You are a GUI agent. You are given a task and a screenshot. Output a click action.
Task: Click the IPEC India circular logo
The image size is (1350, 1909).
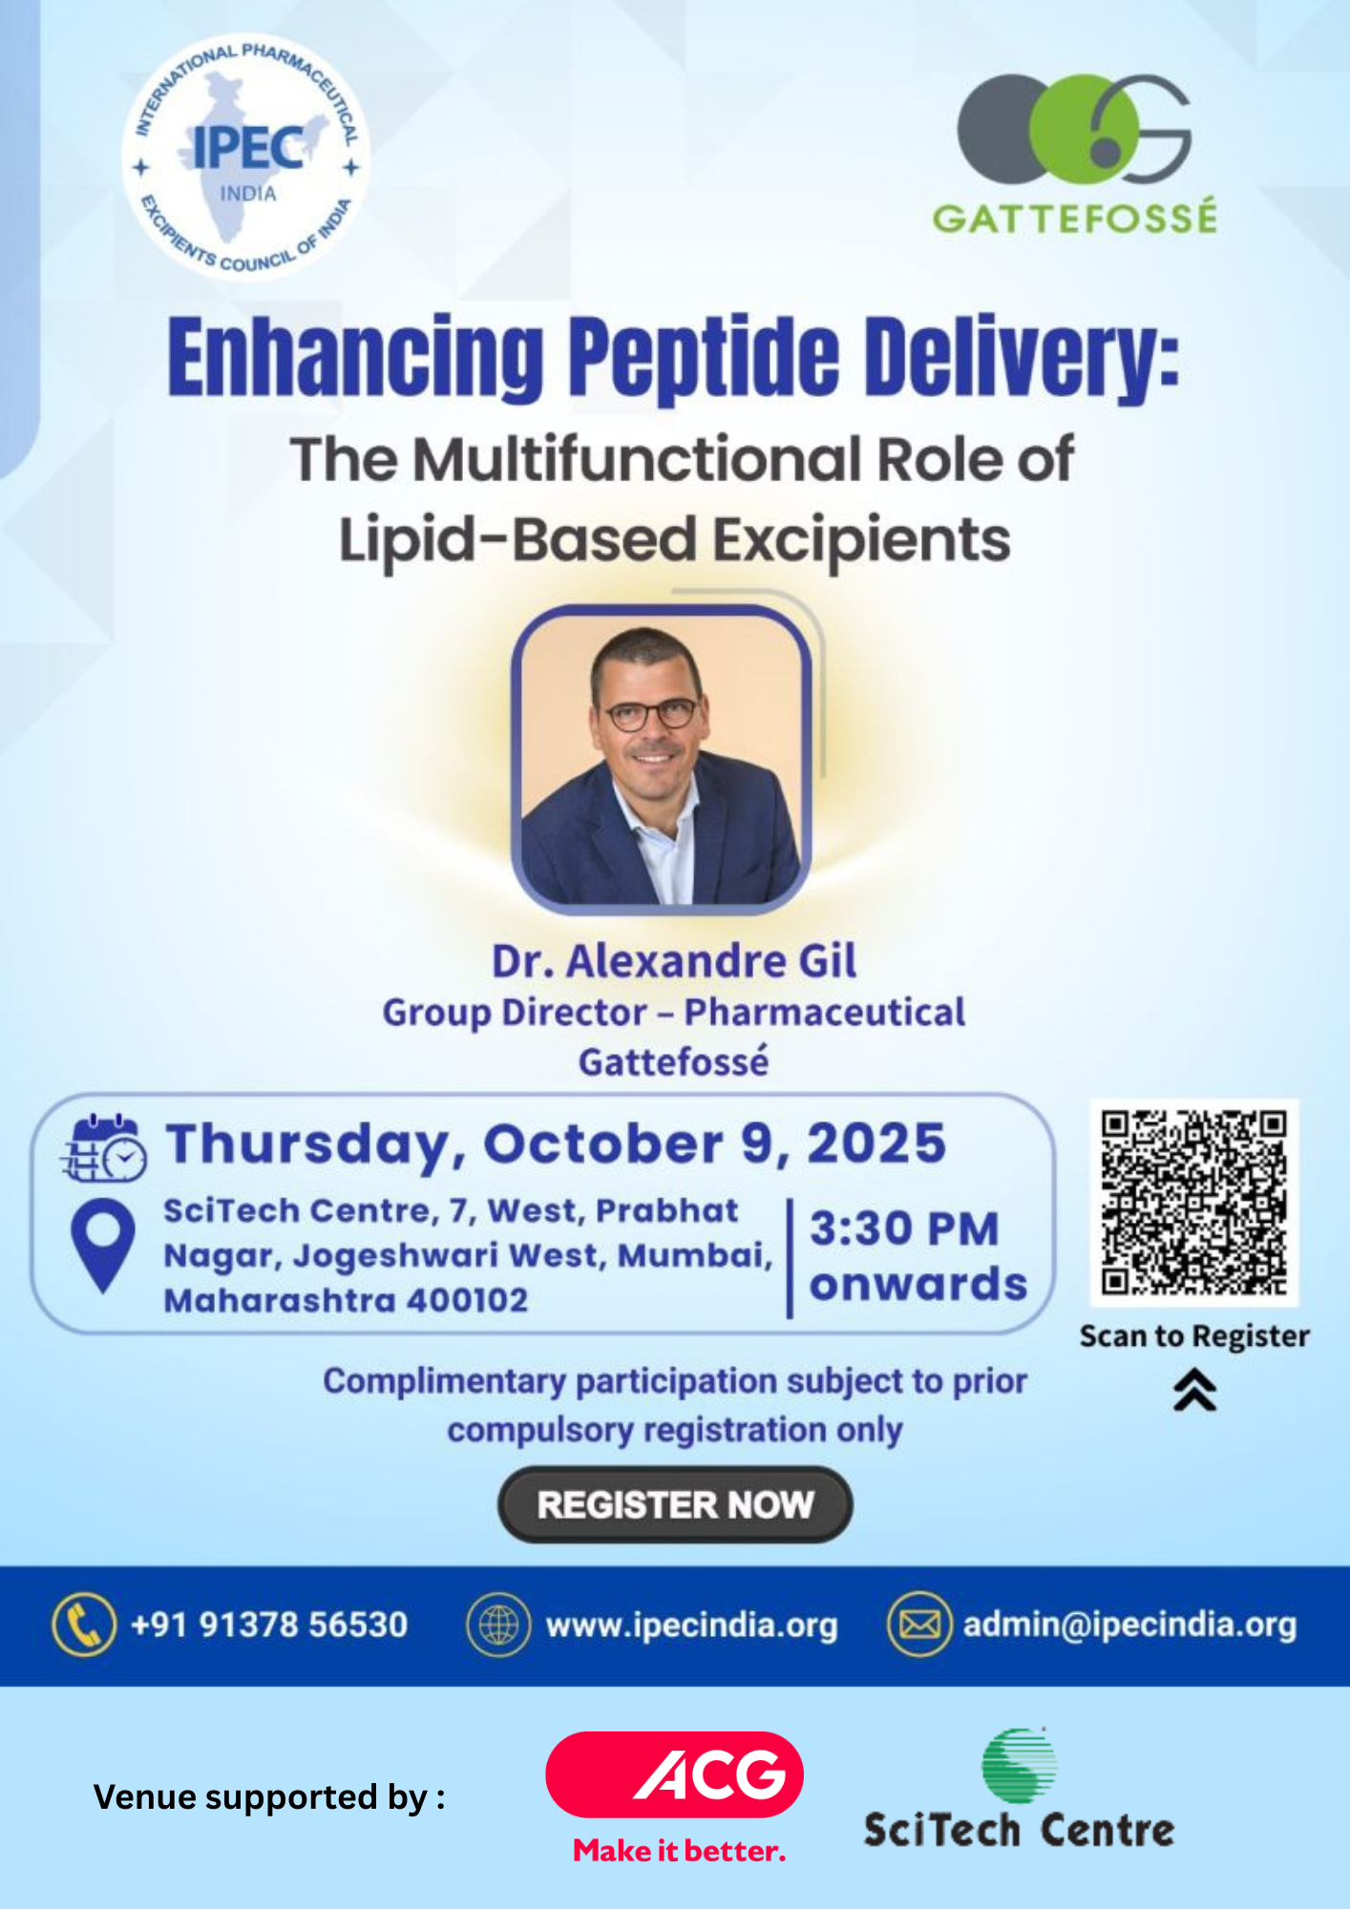(x=246, y=157)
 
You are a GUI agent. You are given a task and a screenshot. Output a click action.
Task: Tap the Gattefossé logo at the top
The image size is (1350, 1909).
(x=1075, y=153)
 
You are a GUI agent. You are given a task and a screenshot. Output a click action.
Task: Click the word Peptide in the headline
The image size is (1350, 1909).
(x=705, y=358)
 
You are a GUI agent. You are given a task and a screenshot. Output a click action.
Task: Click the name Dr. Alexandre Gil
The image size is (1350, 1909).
(x=674, y=961)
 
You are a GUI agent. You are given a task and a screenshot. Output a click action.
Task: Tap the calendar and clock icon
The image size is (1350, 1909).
(x=104, y=1147)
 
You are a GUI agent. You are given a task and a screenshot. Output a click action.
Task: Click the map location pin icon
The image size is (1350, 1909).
(x=103, y=1245)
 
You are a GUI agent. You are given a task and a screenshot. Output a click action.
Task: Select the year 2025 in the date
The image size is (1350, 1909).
(x=876, y=1143)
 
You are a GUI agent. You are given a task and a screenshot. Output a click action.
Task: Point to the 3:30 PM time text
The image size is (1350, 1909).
(x=904, y=1228)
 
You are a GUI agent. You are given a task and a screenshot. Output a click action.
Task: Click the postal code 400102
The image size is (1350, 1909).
(x=467, y=1300)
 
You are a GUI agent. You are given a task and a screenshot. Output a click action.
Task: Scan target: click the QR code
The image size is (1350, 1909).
(x=1194, y=1203)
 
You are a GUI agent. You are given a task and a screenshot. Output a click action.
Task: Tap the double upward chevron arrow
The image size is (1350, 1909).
(x=1194, y=1389)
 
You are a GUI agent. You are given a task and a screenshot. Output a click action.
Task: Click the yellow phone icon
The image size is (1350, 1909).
(x=84, y=1624)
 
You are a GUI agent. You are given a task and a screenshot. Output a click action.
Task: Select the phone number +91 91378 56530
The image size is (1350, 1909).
(x=269, y=1625)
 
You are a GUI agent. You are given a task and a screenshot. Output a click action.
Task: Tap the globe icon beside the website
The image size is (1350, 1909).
(x=498, y=1625)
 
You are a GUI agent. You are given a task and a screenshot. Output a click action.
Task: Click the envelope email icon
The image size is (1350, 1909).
(x=919, y=1625)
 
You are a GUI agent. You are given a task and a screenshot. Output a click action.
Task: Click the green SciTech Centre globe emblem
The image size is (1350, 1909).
(x=1019, y=1765)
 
